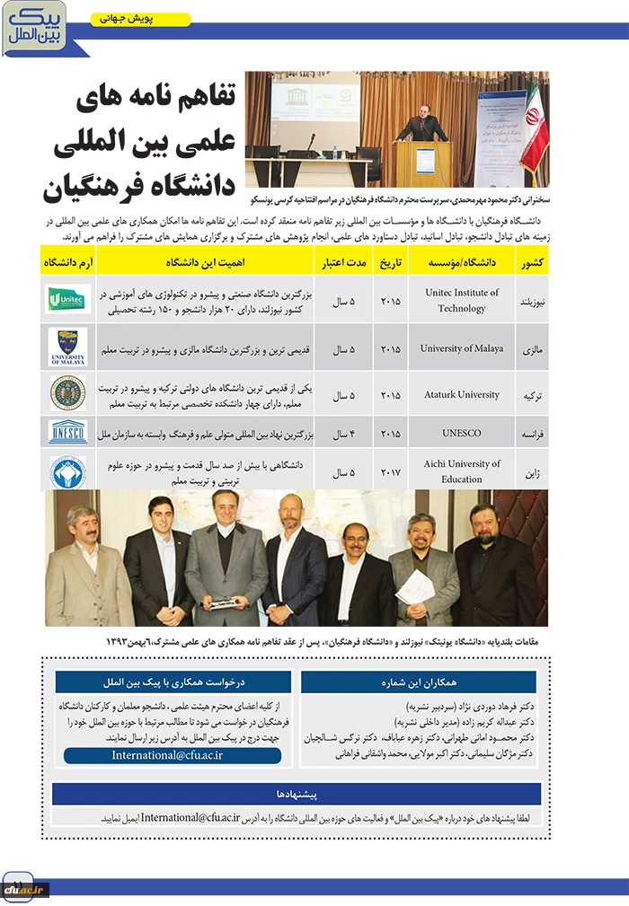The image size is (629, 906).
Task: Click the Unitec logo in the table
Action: coord(68,299)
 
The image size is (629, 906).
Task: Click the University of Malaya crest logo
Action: coord(68,347)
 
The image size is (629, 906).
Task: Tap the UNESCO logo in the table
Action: coord(68,432)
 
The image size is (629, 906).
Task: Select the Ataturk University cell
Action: coord(462,394)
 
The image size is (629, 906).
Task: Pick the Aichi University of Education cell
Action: coord(462,471)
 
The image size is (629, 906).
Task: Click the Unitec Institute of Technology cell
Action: coord(462,300)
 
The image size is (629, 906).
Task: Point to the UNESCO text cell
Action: coord(462,433)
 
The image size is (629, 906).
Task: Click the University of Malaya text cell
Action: coord(462,348)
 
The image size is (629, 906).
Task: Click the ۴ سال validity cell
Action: coord(344,433)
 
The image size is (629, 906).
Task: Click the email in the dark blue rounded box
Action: coord(173,755)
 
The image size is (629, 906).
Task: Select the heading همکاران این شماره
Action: coord(418,682)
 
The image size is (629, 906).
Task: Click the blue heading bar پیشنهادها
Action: coord(297,794)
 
